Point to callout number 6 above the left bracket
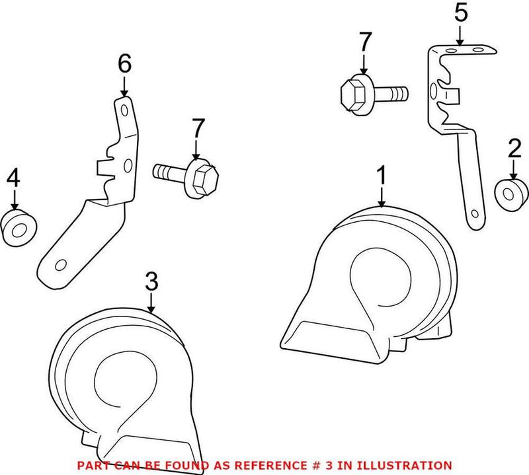[124, 64]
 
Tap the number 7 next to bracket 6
[196, 127]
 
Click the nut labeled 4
[19, 227]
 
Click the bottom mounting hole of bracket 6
[60, 265]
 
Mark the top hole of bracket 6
[124, 104]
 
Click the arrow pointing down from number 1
[382, 196]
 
